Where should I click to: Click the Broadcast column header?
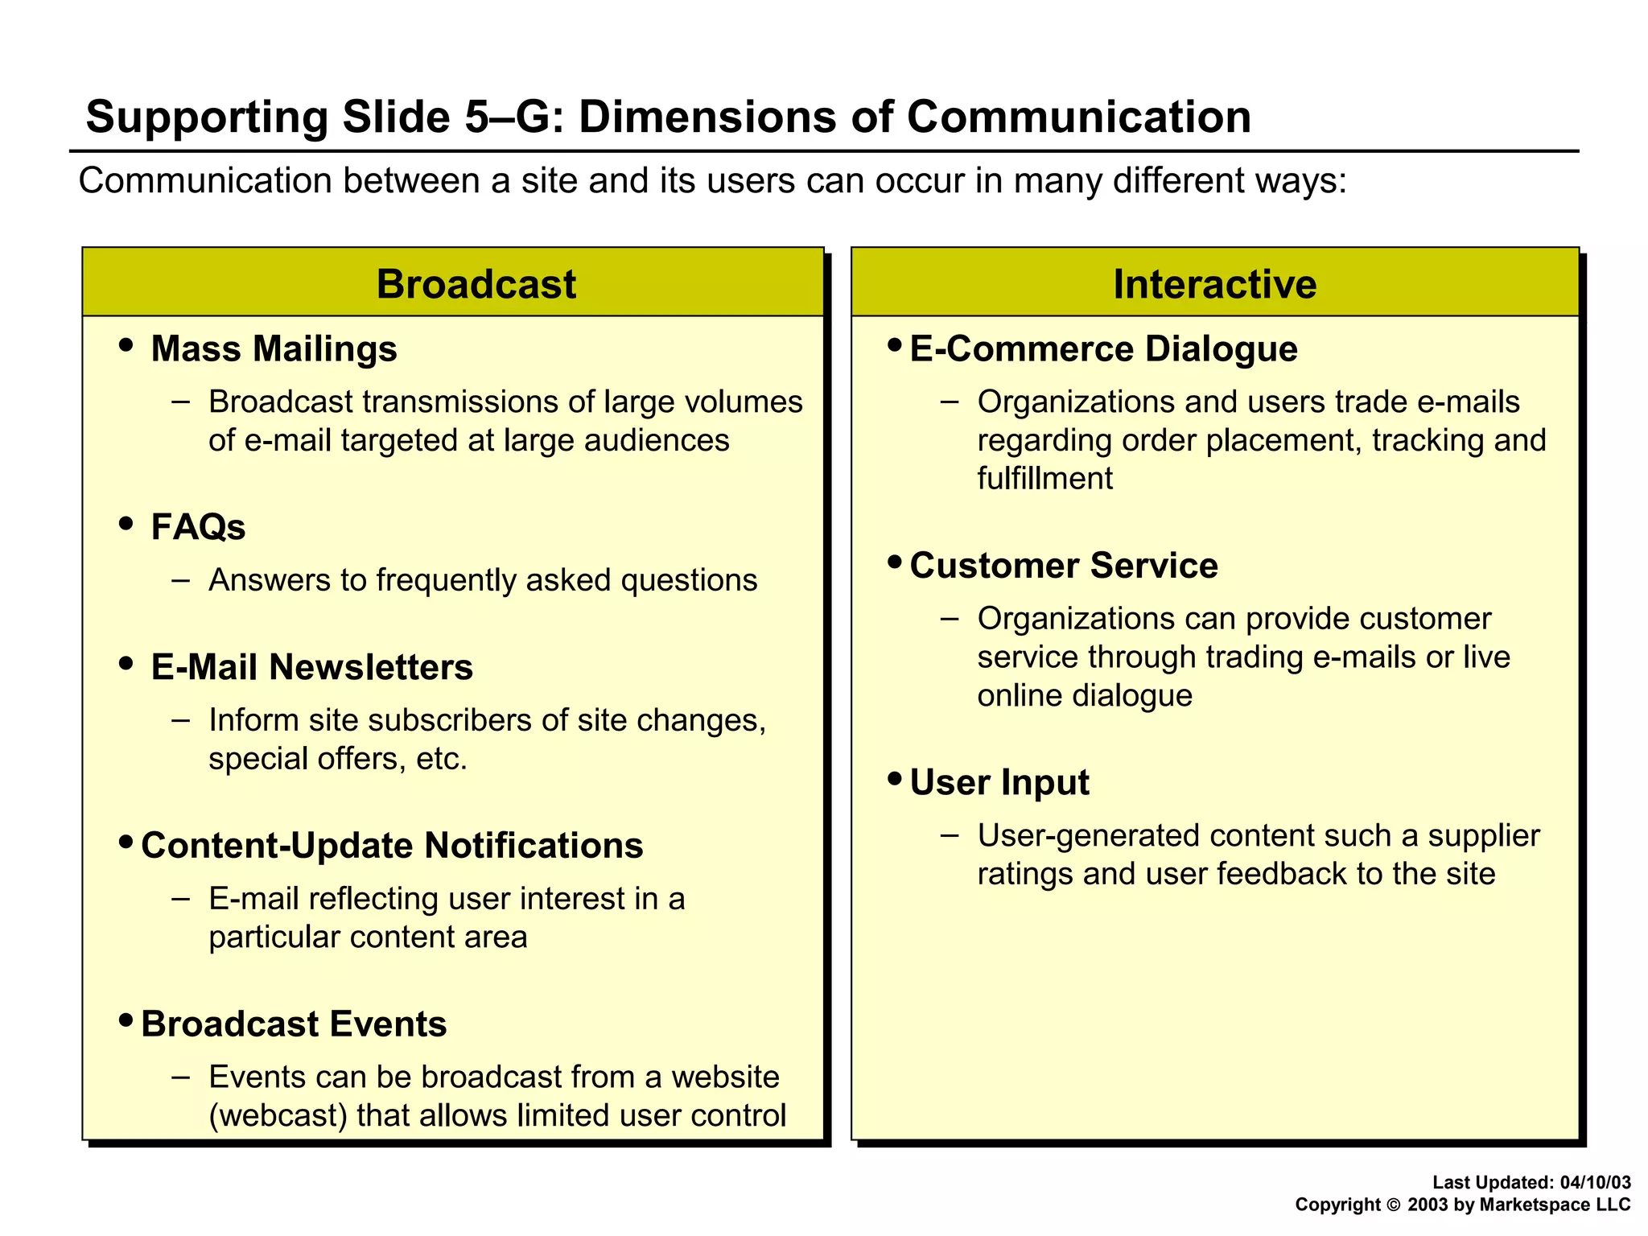point(476,284)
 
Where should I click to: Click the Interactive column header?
point(1214,284)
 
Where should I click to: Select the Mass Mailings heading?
point(274,349)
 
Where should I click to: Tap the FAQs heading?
point(198,528)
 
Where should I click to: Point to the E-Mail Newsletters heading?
point(311,667)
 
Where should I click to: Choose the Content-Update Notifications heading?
point(392,846)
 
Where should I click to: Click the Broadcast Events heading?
point(294,1024)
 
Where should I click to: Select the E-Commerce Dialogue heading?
point(1103,349)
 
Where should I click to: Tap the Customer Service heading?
point(1063,566)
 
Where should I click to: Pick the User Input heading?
point(999,783)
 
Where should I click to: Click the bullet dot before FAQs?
point(126,524)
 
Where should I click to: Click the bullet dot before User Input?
point(895,779)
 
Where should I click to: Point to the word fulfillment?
point(1044,479)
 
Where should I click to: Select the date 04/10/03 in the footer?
point(1595,1182)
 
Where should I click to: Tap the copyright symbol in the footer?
point(1394,1205)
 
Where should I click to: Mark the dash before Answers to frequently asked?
point(181,580)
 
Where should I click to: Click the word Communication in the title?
point(1078,117)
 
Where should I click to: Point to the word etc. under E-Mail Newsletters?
point(441,759)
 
